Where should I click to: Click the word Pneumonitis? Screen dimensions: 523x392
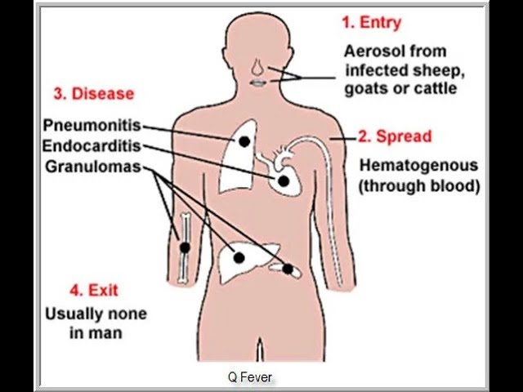coord(92,127)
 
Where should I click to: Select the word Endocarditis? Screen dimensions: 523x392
coord(92,147)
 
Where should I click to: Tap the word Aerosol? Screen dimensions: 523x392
coord(373,51)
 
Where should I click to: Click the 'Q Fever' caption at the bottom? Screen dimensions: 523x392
coord(249,377)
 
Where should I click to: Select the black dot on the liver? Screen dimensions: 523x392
coord(239,257)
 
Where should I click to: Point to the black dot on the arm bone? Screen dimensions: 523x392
coord(186,247)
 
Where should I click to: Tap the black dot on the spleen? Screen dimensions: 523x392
coord(288,267)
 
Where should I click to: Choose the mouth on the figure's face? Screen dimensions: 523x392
coord(257,82)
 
